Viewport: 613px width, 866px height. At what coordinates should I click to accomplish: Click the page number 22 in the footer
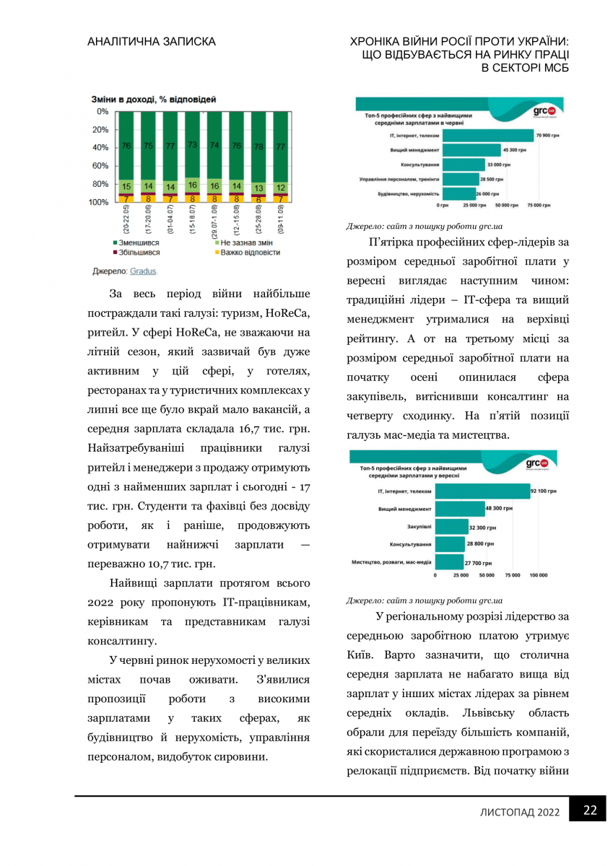[590, 810]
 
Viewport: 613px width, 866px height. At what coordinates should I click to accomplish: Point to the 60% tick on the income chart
[100, 166]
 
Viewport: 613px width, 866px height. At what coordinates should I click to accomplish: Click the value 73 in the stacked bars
[192, 145]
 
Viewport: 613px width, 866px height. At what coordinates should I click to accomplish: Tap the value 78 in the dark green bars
[258, 146]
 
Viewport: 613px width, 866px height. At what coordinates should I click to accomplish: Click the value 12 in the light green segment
[280, 187]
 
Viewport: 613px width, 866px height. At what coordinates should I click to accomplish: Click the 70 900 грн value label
[548, 135]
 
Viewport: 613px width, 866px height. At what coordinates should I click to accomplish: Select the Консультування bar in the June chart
[463, 165]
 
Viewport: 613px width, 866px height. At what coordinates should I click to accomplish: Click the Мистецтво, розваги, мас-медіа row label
[391, 561]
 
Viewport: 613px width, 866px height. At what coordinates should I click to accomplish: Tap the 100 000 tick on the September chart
[538, 576]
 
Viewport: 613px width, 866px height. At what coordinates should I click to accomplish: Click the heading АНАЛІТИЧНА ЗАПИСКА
[151, 43]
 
